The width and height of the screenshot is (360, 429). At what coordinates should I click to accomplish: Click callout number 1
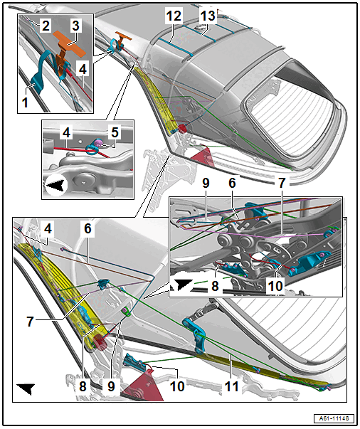point(25,102)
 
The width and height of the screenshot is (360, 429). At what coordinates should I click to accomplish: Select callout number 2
point(46,25)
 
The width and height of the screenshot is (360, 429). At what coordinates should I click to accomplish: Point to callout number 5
point(115,132)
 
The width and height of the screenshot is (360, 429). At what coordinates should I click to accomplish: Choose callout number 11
point(232,386)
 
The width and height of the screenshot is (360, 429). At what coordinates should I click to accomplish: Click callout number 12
point(174,16)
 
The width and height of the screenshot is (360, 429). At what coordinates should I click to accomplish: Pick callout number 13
point(208,16)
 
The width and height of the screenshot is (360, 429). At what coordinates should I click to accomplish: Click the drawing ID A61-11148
point(334,418)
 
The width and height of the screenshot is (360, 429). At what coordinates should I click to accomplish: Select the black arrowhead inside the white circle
point(56,186)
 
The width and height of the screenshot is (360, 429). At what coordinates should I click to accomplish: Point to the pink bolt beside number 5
point(98,142)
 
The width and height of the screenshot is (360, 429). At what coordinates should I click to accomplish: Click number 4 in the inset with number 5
point(66,133)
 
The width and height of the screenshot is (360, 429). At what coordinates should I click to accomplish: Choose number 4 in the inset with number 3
point(83,69)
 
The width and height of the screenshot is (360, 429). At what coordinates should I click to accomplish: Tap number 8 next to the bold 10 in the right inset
point(215,286)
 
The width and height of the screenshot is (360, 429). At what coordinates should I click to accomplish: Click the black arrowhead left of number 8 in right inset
point(182,283)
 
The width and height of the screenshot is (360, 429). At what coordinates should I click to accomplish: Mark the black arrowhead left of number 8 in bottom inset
point(26,388)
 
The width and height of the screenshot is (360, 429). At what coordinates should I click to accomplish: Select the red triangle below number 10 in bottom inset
point(144,386)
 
